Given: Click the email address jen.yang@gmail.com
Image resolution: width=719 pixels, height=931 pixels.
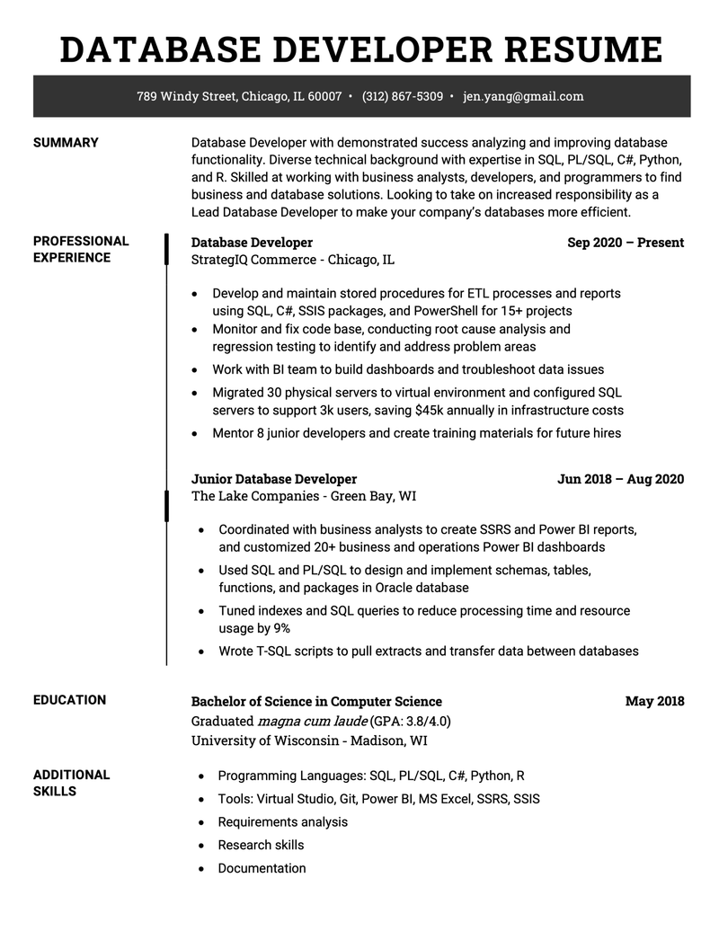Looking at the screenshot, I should click(523, 96).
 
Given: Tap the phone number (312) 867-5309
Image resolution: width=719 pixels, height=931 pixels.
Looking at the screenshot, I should click(402, 96).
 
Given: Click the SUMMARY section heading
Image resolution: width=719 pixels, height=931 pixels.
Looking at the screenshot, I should click(66, 142).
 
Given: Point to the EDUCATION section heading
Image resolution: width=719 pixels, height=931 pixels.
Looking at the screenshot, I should click(69, 700).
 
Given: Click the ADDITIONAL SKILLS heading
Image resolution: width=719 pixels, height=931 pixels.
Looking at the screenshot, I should click(71, 783).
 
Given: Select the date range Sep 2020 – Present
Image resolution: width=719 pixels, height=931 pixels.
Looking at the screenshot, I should click(626, 243).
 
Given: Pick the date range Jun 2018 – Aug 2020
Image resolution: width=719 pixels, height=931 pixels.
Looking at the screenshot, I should click(620, 479).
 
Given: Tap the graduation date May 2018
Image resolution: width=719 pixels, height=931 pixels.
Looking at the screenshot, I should click(654, 701).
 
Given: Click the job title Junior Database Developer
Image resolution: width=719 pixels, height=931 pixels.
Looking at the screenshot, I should click(274, 479).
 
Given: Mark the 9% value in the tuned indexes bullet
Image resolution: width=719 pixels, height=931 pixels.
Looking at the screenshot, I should click(281, 628).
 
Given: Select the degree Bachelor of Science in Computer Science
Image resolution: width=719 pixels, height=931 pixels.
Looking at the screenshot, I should click(316, 701).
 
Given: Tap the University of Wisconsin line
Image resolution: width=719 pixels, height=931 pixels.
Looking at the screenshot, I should click(309, 740).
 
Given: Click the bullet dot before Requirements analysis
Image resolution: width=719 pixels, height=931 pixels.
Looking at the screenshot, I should click(199, 822).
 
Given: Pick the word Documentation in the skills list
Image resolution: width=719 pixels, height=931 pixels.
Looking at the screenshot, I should click(262, 868).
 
